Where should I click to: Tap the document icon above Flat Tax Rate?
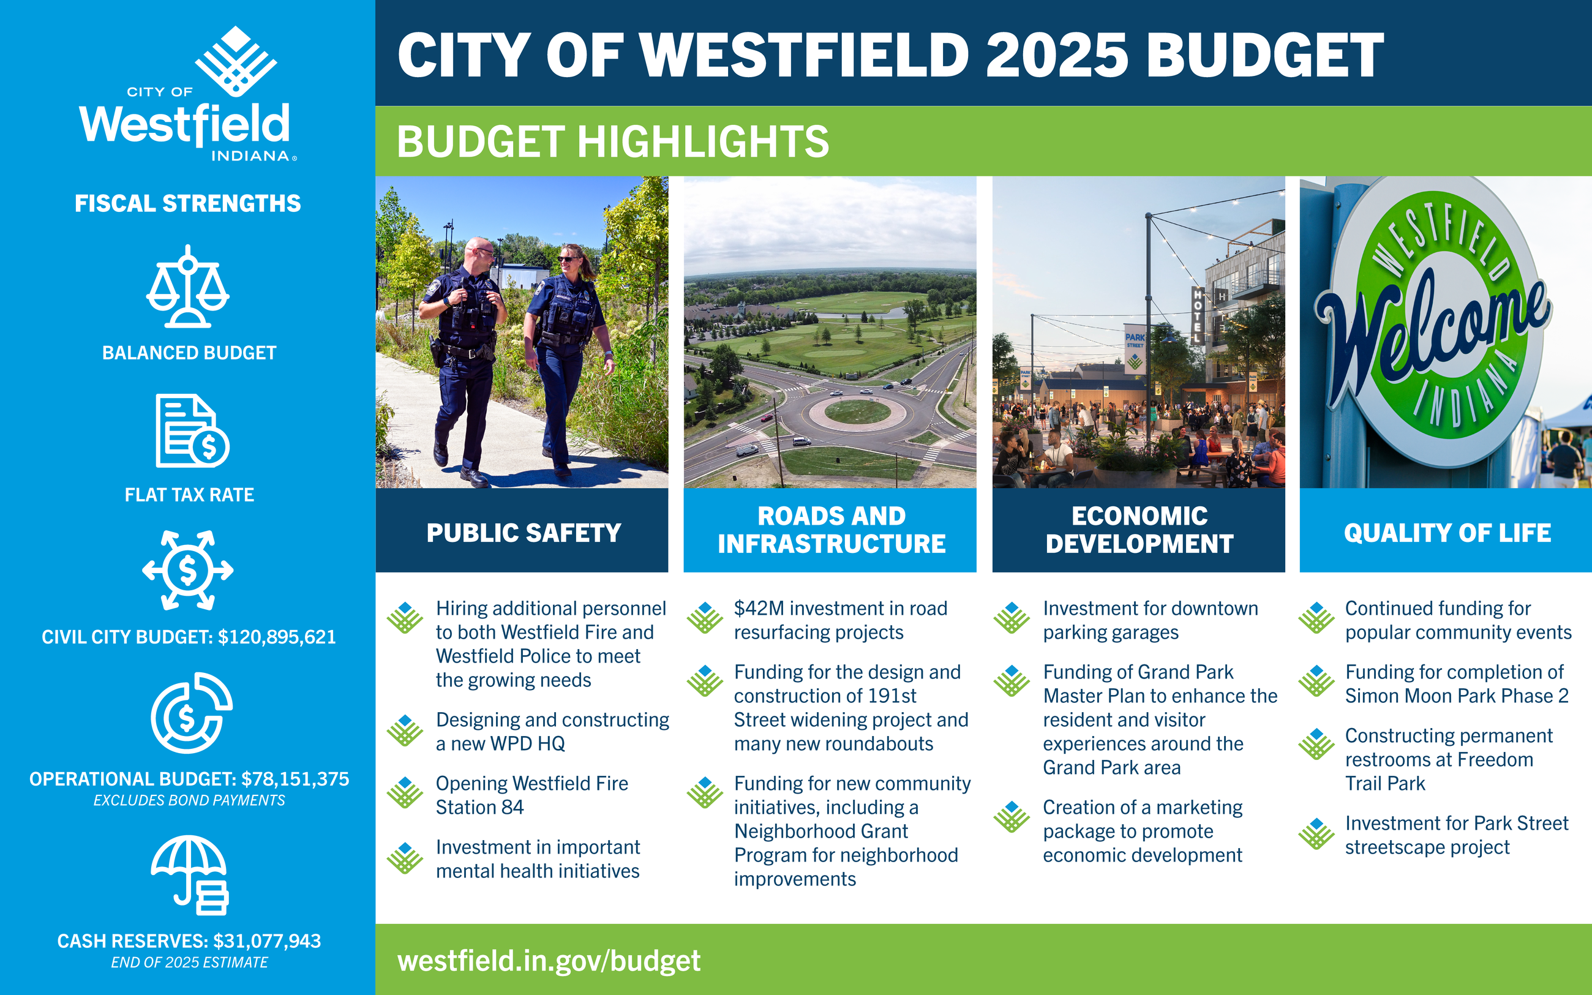(x=192, y=431)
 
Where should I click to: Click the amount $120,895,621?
(x=277, y=637)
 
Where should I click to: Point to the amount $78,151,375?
(x=295, y=779)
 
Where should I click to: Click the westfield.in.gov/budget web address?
(x=549, y=961)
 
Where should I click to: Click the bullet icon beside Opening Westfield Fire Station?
(x=405, y=792)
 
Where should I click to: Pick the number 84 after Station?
(x=512, y=808)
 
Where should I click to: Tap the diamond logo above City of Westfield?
(x=236, y=59)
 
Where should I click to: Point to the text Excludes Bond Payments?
(x=189, y=801)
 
